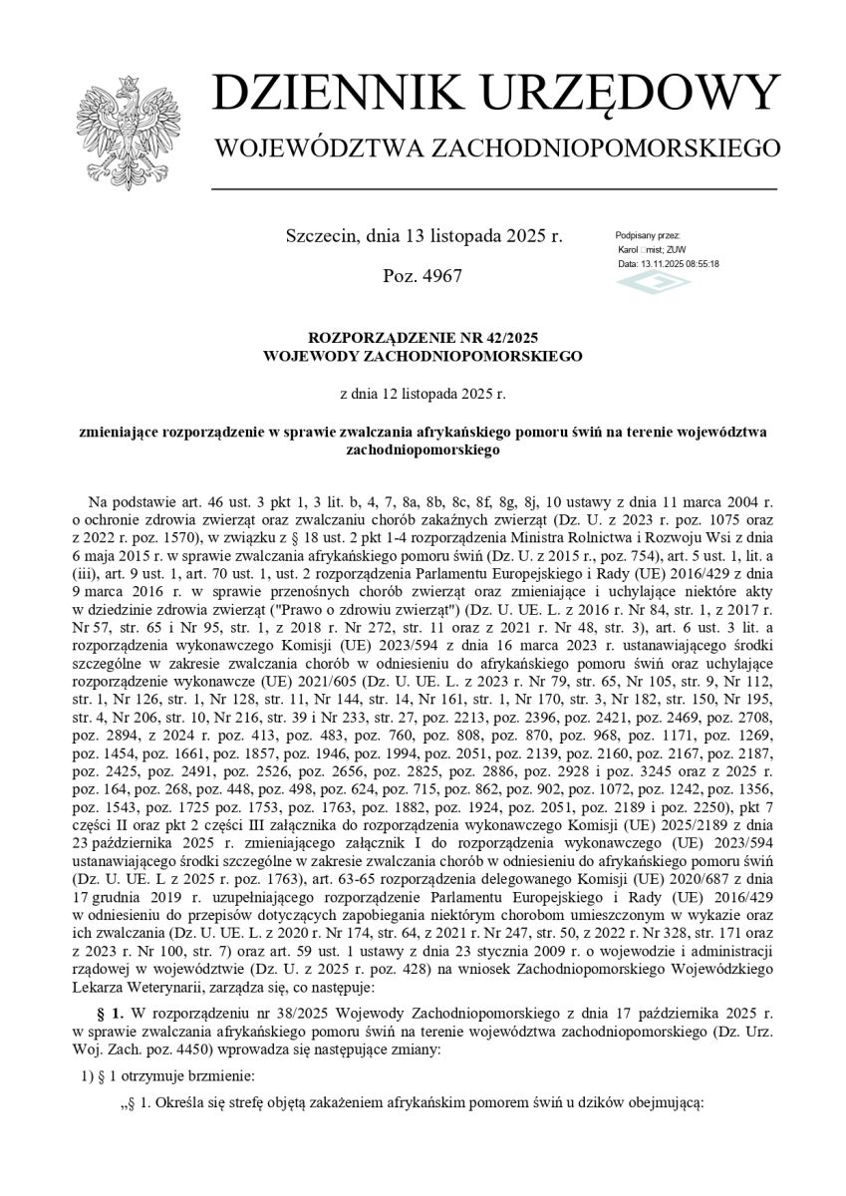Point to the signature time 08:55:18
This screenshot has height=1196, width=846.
click(x=701, y=264)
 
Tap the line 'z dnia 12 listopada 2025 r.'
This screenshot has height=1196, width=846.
click(x=423, y=394)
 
